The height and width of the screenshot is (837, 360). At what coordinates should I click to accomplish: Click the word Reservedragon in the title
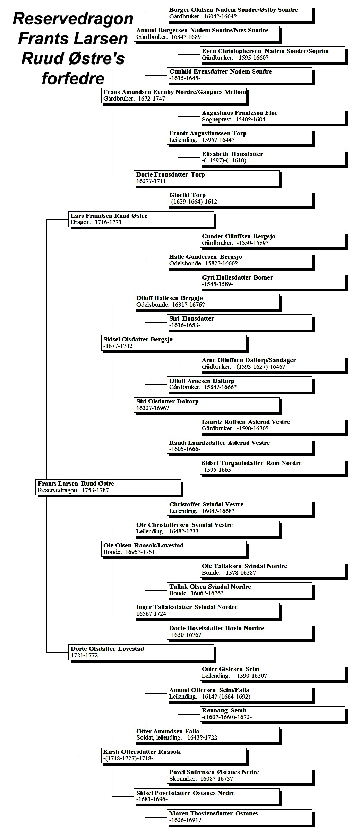tap(73, 19)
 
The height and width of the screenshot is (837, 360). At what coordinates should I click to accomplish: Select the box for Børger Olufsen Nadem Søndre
tap(240, 13)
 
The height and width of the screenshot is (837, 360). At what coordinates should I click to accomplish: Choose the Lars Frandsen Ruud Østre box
tap(142, 219)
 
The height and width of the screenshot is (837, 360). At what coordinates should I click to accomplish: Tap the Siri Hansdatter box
tap(240, 322)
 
